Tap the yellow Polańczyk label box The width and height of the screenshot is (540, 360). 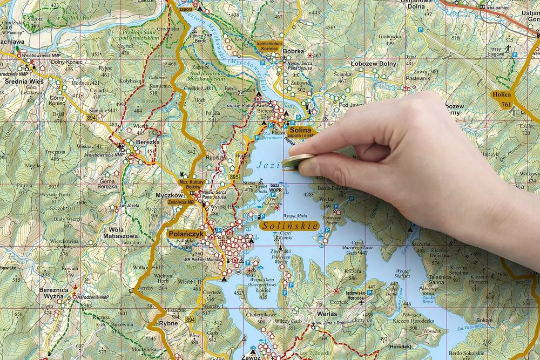pos(185,234)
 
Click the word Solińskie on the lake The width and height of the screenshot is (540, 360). pos(289,226)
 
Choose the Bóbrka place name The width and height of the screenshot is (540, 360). pos(294,52)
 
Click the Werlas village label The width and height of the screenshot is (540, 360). pos(327,314)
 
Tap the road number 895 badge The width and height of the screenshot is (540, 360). pos(234,176)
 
